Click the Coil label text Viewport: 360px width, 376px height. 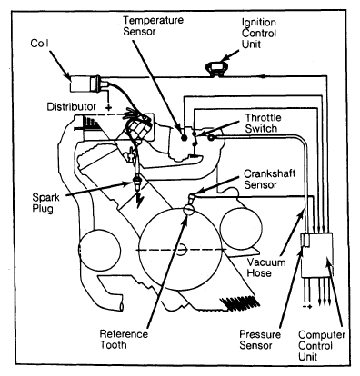(39, 43)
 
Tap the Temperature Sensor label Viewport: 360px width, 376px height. (153, 25)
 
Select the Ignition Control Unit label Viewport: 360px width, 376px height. (259, 34)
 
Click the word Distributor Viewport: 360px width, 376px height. (72, 106)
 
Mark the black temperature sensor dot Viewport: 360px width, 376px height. (184, 138)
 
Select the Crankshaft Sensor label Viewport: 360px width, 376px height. (269, 179)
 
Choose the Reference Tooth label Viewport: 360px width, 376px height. (124, 340)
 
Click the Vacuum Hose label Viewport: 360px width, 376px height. (266, 268)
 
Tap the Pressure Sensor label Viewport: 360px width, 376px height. (260, 340)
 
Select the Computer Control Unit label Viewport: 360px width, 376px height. (322, 345)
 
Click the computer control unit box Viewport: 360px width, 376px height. (316, 255)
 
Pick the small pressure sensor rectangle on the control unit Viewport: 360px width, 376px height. (305, 241)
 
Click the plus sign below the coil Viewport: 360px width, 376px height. (108, 107)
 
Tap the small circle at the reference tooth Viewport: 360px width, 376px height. (188, 210)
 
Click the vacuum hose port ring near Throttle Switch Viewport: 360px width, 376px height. (211, 138)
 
